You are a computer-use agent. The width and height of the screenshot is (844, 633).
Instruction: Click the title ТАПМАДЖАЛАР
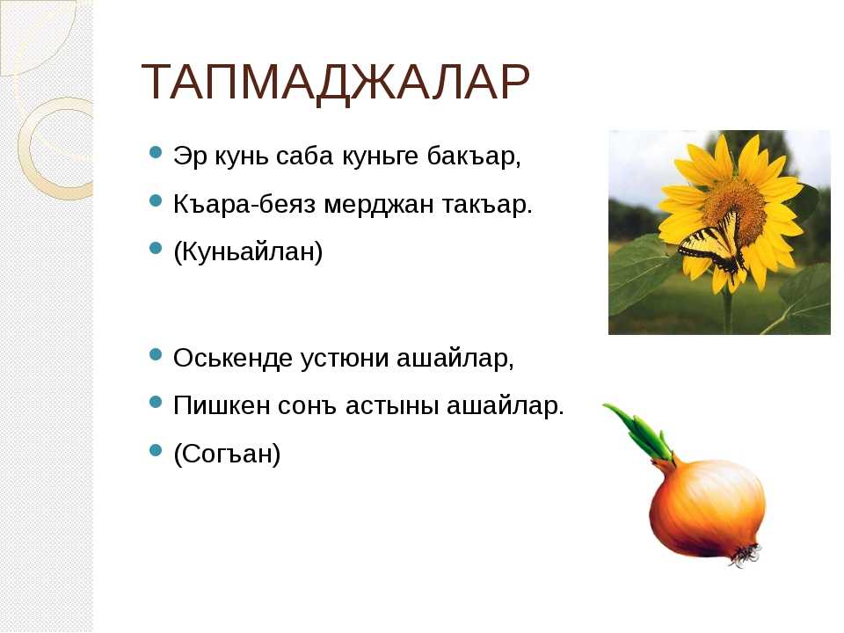[335, 83]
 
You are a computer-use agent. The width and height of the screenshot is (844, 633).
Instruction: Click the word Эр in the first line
[190, 156]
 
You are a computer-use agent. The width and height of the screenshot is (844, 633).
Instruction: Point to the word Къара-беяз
[244, 205]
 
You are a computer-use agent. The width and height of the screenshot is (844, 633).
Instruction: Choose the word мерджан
[378, 205]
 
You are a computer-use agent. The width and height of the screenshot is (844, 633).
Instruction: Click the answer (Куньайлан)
[248, 252]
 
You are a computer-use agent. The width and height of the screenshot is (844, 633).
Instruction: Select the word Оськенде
[232, 358]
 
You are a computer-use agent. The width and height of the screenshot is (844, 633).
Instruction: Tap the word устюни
[344, 359]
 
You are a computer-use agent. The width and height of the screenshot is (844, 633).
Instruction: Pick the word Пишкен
[222, 405]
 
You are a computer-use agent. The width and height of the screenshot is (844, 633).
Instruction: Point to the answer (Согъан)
[227, 454]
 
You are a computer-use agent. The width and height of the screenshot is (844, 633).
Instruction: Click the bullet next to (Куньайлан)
[155, 248]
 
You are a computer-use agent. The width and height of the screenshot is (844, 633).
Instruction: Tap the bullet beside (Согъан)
[155, 449]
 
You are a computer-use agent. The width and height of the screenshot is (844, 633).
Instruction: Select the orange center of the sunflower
[733, 205]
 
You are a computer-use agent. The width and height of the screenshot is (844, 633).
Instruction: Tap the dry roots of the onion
[746, 555]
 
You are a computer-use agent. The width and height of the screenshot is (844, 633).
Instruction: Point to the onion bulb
[706, 506]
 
